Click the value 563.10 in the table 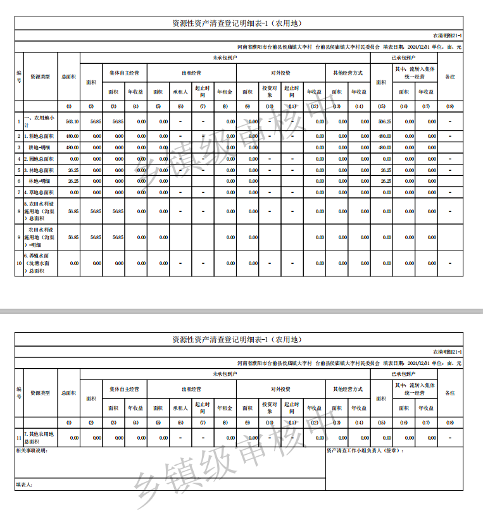click(72, 121)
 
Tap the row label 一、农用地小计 click(39, 121)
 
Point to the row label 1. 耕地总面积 click(39, 136)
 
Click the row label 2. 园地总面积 click(39, 159)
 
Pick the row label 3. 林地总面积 click(39, 170)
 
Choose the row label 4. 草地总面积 click(39, 192)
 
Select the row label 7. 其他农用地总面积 click(39, 436)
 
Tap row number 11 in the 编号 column click(18, 436)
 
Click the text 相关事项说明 click(32, 451)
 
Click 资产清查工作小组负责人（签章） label click(365, 451)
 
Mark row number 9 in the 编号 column click(18, 237)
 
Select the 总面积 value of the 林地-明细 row click(72, 181)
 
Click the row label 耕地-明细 click(39, 147)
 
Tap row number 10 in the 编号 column click(18, 263)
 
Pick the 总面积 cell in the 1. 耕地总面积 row click(72, 136)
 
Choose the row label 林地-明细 click(39, 181)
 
